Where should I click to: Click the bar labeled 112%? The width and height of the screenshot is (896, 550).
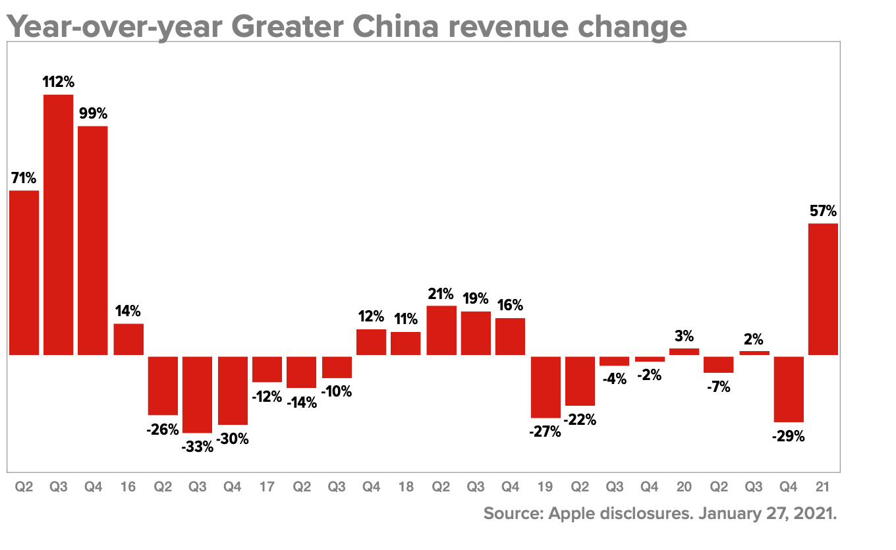pyautogui.click(x=58, y=225)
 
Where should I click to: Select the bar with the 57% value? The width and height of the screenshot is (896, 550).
pyautogui.click(x=823, y=289)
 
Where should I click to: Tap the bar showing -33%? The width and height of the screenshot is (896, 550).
pyautogui.click(x=198, y=394)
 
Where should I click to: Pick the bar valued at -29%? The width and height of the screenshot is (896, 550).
pyautogui.click(x=789, y=389)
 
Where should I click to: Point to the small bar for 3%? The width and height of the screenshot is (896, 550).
pyautogui.click(x=684, y=352)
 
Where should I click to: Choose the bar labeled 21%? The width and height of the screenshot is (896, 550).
pyautogui.click(x=441, y=330)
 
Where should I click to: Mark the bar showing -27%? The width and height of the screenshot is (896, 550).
pyautogui.click(x=546, y=387)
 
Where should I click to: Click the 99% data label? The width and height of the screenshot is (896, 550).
pyautogui.click(x=92, y=113)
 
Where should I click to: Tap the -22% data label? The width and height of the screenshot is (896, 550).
pyautogui.click(x=580, y=419)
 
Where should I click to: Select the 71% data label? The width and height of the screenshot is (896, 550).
pyautogui.click(x=24, y=178)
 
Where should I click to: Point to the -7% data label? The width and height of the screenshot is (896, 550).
pyautogui.click(x=718, y=387)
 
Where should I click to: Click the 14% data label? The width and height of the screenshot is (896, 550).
pyautogui.click(x=128, y=311)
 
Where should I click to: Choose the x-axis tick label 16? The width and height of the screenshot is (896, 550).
pyautogui.click(x=128, y=487)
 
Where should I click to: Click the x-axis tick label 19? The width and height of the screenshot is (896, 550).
pyautogui.click(x=546, y=487)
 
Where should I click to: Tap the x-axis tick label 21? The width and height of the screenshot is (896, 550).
pyautogui.click(x=823, y=487)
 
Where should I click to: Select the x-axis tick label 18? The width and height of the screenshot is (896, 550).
pyautogui.click(x=406, y=487)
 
